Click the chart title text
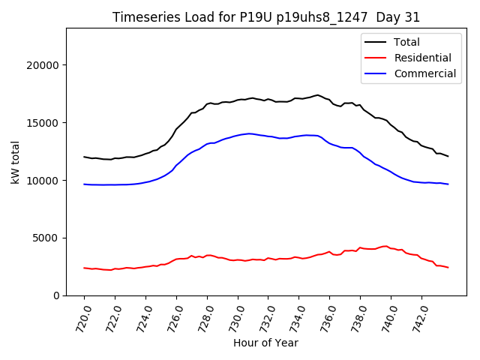pyautogui.click(x=266, y=17)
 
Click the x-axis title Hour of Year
pyautogui.click(x=265, y=343)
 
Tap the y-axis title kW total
pyautogui.click(x=16, y=162)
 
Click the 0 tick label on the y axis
pyautogui.click(x=56, y=296)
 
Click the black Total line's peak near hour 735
pyautogui.click(x=317, y=95)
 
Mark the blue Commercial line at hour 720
pyautogui.click(x=84, y=184)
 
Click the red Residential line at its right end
pyautogui.click(x=448, y=268)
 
